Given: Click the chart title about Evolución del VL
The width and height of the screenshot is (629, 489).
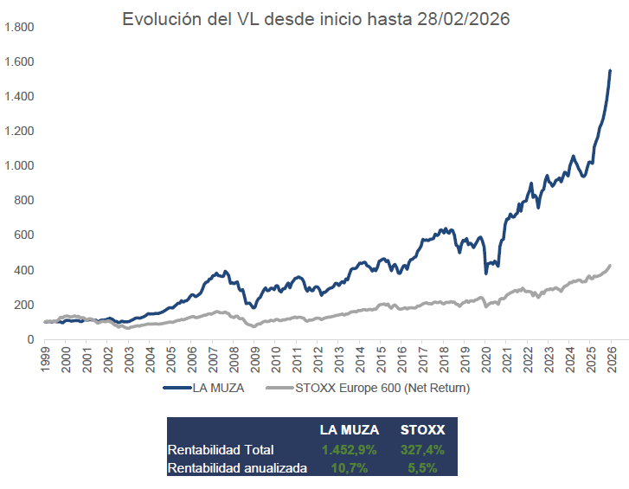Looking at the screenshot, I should [316, 19].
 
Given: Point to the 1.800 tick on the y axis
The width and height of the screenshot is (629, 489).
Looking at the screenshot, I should [18, 28].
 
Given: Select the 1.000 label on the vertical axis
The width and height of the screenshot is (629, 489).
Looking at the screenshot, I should [18, 166].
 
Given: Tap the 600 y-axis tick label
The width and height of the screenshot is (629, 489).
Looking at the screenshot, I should [23, 235].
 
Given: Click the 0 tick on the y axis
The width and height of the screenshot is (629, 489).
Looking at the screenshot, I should [29, 339].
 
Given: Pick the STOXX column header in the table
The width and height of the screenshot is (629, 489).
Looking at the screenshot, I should [423, 430].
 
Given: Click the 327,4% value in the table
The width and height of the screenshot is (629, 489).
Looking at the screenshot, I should [423, 449].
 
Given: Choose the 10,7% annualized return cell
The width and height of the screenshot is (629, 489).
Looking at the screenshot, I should [350, 467].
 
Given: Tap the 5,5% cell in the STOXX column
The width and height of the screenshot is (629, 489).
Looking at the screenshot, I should [423, 467].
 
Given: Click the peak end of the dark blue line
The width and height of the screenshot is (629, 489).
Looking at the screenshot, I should [610, 71].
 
